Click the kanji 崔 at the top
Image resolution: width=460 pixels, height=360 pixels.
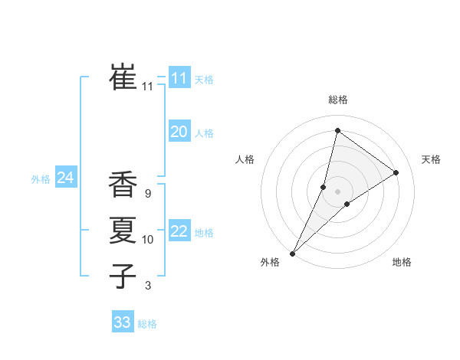(123, 77)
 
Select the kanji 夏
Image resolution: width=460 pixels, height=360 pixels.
(123, 230)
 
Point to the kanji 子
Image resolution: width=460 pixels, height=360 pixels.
(123, 275)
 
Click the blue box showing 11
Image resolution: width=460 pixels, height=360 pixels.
(179, 77)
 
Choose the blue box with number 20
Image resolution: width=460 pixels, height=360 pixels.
(179, 132)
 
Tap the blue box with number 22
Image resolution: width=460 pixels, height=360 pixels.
(179, 231)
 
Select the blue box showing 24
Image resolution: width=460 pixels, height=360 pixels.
(65, 178)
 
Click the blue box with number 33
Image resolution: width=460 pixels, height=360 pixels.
(122, 322)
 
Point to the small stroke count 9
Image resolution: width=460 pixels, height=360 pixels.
(147, 195)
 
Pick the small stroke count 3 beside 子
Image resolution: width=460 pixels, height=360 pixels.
(147, 286)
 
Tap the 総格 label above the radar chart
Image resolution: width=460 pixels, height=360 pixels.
(337, 100)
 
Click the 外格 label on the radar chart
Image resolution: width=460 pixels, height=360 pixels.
(270, 262)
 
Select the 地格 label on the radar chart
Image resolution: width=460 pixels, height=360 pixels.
(402, 262)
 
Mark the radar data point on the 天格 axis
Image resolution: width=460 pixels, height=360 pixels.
(396, 172)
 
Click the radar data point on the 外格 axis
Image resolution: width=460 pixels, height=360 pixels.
(292, 253)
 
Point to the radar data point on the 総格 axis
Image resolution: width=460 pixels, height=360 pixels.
(337, 131)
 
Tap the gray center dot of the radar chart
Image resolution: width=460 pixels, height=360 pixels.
(337, 191)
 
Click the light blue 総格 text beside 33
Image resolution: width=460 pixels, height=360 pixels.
(147, 324)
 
